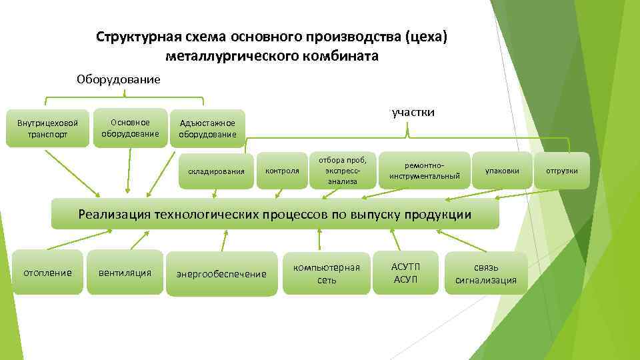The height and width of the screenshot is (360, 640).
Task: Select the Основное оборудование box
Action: coord(130,128)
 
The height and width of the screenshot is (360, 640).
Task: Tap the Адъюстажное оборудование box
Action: coord(207,129)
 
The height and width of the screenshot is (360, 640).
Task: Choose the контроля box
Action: coord(282,171)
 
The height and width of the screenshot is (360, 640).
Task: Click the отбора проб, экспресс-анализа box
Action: coord(342,171)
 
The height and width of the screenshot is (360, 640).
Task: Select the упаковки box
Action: coord(502,171)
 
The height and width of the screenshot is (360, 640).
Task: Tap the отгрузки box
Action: coord(562,171)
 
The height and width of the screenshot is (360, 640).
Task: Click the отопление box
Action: coord(48,272)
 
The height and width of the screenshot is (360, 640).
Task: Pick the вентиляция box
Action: coord(125,272)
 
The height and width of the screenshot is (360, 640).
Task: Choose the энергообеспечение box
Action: coord(221,274)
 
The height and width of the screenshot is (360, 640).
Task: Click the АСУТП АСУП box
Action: coord(405,273)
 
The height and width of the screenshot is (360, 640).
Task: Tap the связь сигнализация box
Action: coord(485,273)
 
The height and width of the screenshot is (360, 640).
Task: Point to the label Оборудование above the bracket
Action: coord(119,80)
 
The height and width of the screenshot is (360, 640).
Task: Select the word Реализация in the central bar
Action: coord(114,214)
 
